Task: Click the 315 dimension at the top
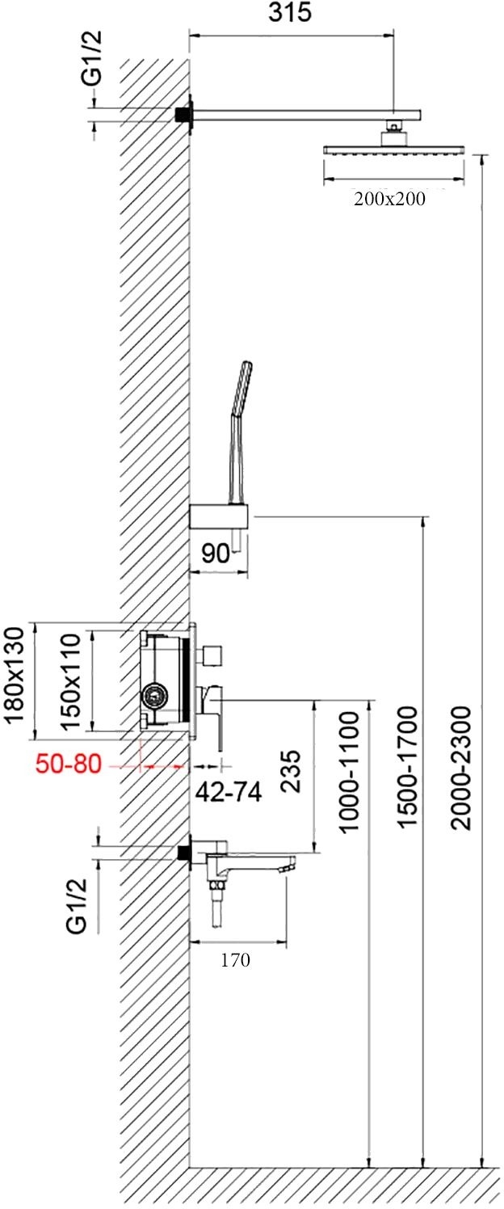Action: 290,12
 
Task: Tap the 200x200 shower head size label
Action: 389,199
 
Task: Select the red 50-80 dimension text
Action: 69,765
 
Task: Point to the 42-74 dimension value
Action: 229,792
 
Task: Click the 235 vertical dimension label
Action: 292,770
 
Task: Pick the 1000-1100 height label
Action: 349,772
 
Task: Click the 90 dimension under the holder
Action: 215,554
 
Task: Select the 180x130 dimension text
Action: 14,675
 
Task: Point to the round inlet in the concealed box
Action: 157,697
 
